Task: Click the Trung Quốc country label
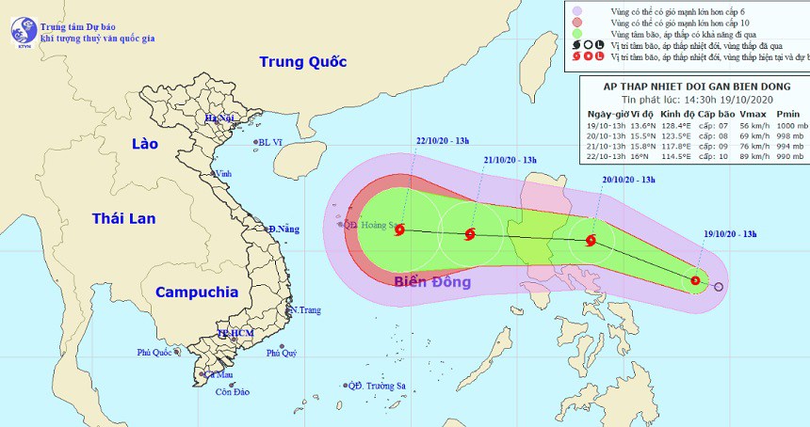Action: coord(303,62)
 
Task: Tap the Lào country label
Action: coord(145,144)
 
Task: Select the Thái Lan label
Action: coord(123,218)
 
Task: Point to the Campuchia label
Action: coord(196,292)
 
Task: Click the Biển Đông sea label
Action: coord(432,282)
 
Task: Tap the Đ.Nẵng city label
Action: coord(283,229)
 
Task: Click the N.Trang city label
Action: coord(305,310)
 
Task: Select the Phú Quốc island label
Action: coord(155,353)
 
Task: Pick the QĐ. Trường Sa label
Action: coord(376,386)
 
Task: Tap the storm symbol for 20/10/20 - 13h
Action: coord(591,240)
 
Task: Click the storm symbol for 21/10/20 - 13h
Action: coord(470,234)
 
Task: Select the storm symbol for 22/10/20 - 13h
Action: coord(400,229)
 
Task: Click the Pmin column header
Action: coord(787,114)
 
